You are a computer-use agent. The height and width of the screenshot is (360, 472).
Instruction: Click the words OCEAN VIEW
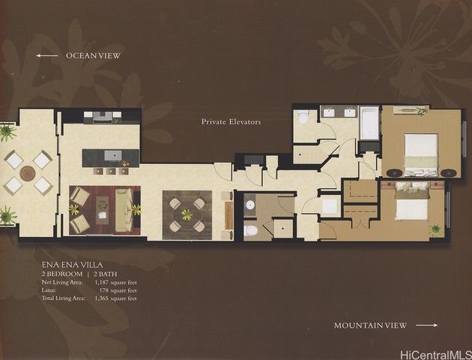pyautogui.click(x=93, y=55)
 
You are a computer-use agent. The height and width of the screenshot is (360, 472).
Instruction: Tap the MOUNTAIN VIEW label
pyautogui.click(x=370, y=325)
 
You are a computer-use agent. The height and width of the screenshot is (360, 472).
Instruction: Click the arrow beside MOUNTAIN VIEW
pyautogui.click(x=426, y=325)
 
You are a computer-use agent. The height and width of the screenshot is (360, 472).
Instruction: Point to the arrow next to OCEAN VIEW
pyautogui.click(x=47, y=55)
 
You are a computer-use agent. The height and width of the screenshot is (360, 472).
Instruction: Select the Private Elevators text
pyautogui.click(x=231, y=121)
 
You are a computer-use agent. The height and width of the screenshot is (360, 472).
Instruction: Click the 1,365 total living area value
pyautogui.click(x=106, y=298)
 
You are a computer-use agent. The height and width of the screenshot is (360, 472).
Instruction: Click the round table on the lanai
pyautogui.click(x=28, y=173)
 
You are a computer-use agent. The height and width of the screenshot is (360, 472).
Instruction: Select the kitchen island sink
pyautogui.click(x=112, y=156)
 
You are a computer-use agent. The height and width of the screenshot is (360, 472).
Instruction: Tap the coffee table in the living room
pyautogui.click(x=104, y=208)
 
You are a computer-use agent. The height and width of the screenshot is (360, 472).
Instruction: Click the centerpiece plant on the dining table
pyautogui.click(x=187, y=214)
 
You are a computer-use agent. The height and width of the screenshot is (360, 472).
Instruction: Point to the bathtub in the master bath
pyautogui.click(x=369, y=124)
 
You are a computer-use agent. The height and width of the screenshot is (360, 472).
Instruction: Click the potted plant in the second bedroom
pyautogui.click(x=435, y=228)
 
